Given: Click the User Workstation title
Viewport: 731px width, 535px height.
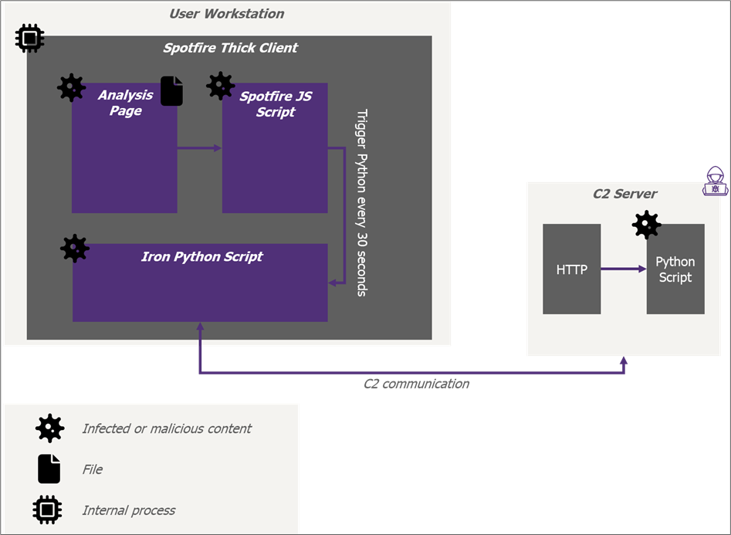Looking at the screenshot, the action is [x=227, y=14].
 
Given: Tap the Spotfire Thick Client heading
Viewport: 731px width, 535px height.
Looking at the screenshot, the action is [x=230, y=48].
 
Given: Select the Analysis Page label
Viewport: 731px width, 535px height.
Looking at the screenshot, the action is [x=125, y=103].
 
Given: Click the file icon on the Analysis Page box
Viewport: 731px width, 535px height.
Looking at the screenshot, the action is [x=171, y=91].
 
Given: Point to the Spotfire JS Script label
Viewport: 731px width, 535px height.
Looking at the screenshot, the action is [x=276, y=104].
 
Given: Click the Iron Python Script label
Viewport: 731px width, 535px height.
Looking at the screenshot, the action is [x=202, y=257].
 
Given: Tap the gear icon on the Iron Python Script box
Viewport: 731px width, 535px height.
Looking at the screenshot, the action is [x=75, y=249].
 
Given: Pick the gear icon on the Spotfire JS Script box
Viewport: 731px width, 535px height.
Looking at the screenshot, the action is [x=221, y=86].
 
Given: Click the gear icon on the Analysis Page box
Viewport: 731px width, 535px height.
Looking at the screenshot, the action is [x=71, y=88].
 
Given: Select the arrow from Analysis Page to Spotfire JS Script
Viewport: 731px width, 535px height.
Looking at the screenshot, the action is [x=199, y=148].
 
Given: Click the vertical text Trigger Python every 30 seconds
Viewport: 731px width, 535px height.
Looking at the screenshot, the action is [x=362, y=203].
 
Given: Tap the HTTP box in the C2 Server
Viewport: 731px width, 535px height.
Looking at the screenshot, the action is [x=571, y=269].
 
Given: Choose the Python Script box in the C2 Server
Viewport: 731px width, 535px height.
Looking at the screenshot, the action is [x=675, y=269].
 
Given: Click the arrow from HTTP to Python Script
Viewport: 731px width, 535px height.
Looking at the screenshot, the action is [x=623, y=269].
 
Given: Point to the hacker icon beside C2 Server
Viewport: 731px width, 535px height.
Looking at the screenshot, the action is [x=715, y=181].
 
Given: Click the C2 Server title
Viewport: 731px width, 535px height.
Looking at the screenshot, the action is [x=624, y=194].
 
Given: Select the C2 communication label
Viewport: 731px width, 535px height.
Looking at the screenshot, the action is [x=416, y=384].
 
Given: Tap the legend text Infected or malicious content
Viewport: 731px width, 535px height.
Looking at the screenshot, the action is [x=167, y=428].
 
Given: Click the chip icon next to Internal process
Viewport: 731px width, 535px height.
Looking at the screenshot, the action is [x=47, y=510].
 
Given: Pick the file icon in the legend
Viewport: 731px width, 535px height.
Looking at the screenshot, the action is [x=49, y=469].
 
